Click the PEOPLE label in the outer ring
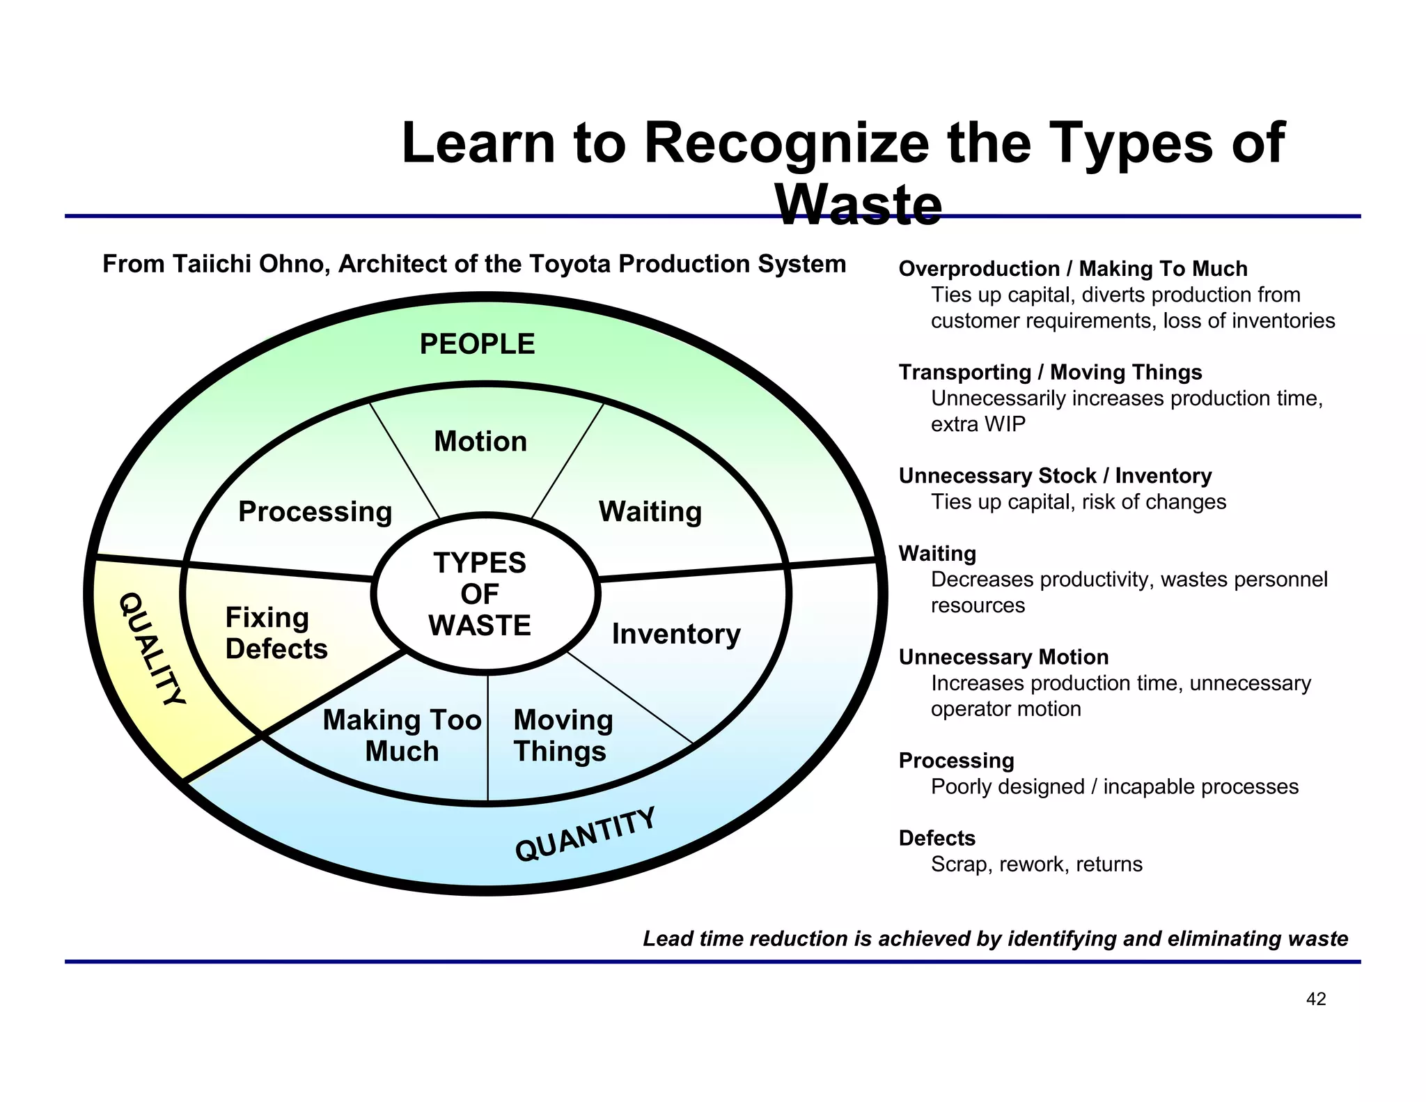point(477,344)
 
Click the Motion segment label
point(480,442)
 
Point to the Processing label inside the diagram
point(315,512)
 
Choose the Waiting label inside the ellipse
point(650,512)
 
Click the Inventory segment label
point(676,634)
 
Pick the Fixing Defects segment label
point(276,633)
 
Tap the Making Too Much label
point(402,736)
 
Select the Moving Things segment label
point(563,736)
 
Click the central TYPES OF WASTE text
point(480,594)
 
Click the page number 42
point(1316,999)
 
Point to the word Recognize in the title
point(786,143)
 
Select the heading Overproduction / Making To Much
point(1073,269)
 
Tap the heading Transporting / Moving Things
point(1050,372)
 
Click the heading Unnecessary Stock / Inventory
point(1055,476)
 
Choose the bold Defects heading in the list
point(937,838)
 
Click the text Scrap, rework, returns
point(1037,864)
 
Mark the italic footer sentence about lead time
point(995,939)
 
